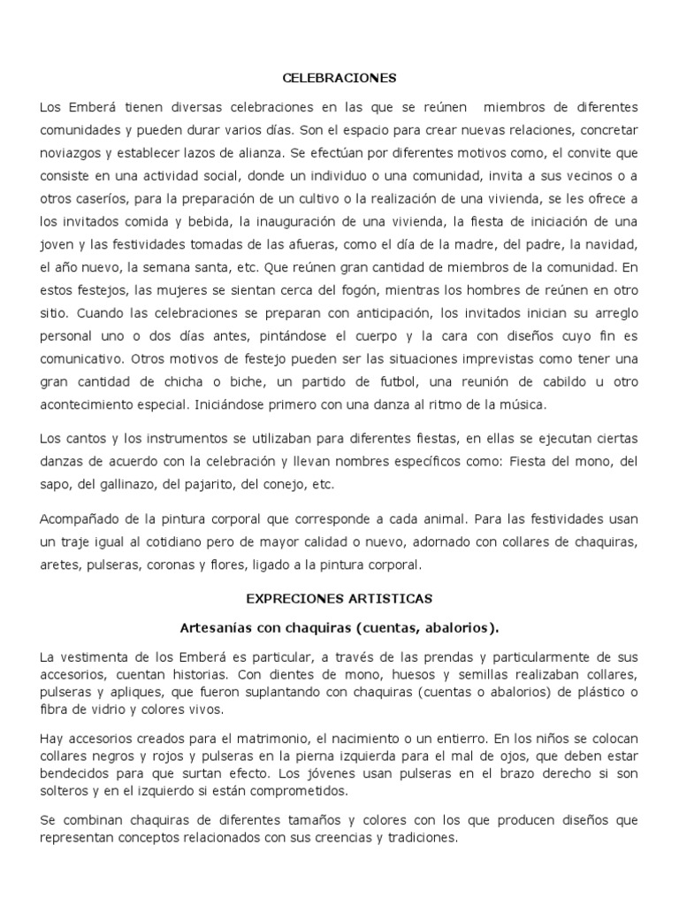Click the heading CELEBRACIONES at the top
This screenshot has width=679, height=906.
(x=339, y=78)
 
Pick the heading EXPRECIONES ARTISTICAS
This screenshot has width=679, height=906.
(x=339, y=599)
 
